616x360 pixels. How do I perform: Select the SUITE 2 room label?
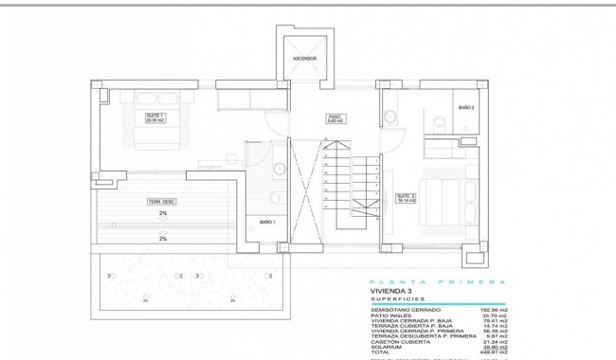tap(405, 199)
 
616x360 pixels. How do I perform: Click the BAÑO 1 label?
tap(267, 222)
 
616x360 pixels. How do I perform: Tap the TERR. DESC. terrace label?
tap(162, 202)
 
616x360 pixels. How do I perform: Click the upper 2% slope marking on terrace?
tap(162, 215)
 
